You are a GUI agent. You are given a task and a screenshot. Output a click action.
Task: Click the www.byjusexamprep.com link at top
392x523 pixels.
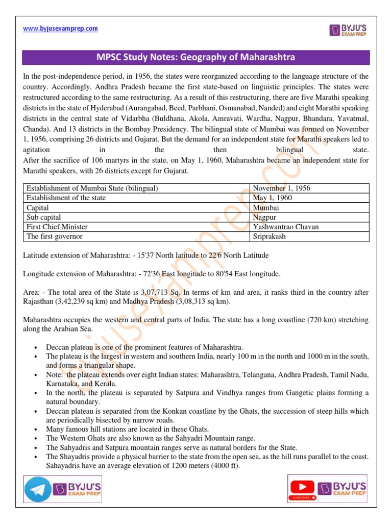click(x=60, y=29)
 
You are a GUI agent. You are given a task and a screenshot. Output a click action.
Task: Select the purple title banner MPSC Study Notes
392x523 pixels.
click(x=196, y=57)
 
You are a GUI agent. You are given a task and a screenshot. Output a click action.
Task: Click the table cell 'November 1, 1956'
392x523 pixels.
click(x=281, y=188)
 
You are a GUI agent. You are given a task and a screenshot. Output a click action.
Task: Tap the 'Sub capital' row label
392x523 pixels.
click(x=44, y=217)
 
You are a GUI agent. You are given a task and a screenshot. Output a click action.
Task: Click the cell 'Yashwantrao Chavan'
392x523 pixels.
click(x=285, y=227)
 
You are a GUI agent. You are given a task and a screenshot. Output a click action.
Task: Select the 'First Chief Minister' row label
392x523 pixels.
click(x=57, y=227)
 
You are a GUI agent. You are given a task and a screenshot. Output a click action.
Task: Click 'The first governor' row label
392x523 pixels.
click(x=55, y=236)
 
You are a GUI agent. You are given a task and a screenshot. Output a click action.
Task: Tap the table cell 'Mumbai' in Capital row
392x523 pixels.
click(x=266, y=208)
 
